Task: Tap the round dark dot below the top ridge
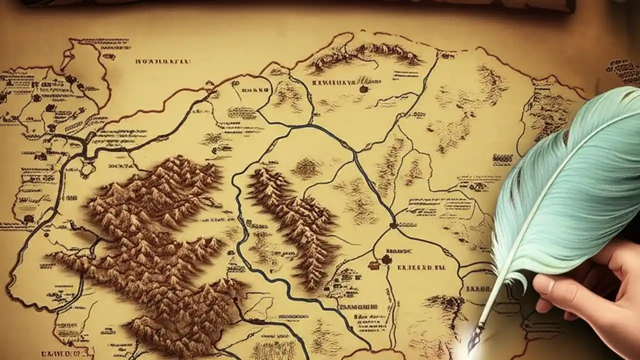(363, 89)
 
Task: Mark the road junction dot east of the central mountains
(393, 225)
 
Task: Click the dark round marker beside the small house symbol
(385, 259)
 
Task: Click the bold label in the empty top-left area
(163, 62)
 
